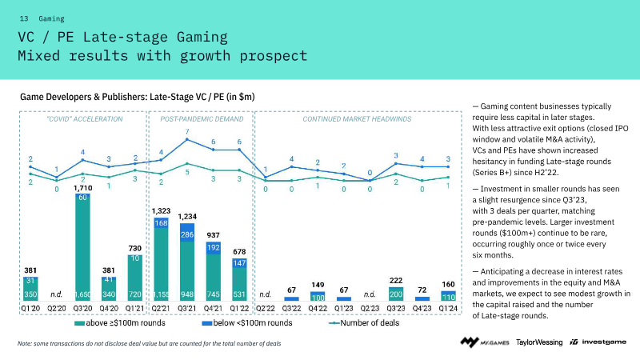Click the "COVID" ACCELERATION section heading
tap(84, 118)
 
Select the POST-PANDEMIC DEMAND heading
tap(202, 118)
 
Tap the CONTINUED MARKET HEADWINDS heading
tap(357, 118)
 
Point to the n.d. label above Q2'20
tap(56, 294)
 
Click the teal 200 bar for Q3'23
tap(396, 294)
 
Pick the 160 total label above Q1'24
tap(448, 283)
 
